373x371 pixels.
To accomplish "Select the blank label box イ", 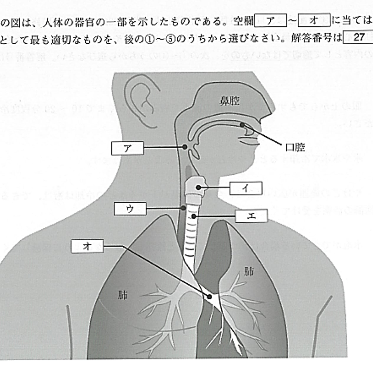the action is tap(246, 188).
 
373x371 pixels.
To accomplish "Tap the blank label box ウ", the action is tap(130, 209).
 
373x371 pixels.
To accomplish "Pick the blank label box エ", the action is tap(251, 216).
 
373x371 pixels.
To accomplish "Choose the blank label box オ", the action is tap(87, 246).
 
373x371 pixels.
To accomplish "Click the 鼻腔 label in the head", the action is tap(229, 101).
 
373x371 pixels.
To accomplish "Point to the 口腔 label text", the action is tap(295, 147).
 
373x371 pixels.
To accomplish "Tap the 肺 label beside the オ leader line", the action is tap(122, 295).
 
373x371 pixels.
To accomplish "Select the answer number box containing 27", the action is tap(358, 37).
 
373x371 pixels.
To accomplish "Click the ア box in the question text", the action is tap(270, 21).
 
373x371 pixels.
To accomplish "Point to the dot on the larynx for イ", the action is tap(199, 187).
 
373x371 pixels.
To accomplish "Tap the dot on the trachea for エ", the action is tap(194, 216).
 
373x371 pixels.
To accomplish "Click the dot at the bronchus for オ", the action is tap(210, 297).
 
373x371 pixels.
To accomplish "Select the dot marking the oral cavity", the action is tap(242, 125).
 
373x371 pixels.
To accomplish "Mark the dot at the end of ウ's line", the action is tap(183, 208).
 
